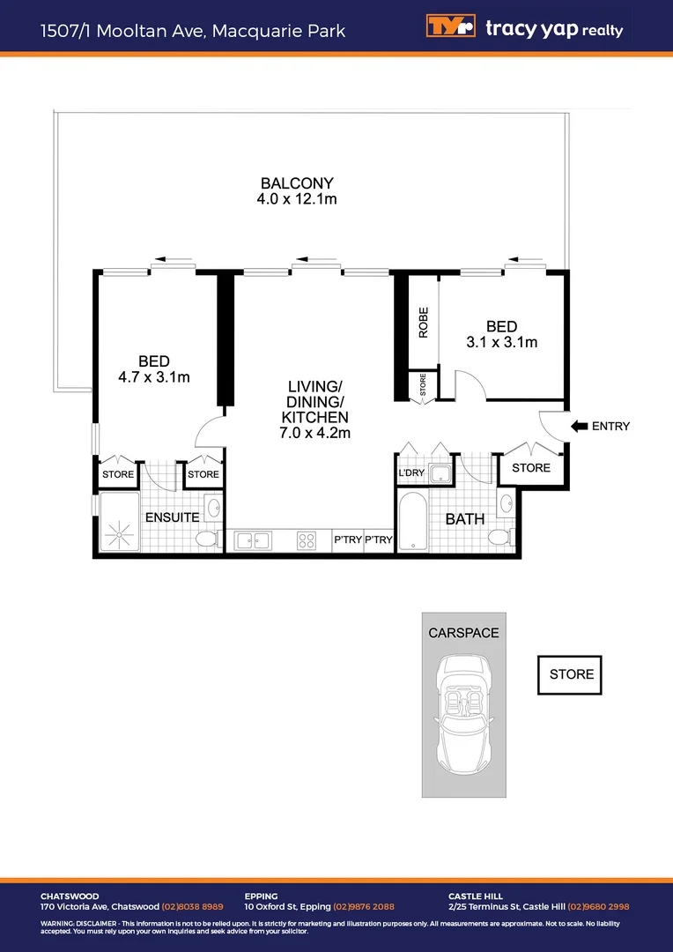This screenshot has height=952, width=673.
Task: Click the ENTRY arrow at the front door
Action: click(x=581, y=427)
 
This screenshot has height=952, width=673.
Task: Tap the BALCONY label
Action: click(x=297, y=183)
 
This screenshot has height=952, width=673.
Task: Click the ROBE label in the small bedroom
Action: click(x=424, y=322)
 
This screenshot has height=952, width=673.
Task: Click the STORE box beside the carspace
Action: click(x=572, y=674)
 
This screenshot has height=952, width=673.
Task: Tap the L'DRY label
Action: click(x=411, y=473)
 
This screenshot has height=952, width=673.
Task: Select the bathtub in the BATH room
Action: click(x=411, y=523)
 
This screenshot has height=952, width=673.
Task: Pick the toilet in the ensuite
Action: click(x=207, y=539)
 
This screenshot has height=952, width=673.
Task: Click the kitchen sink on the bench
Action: click(x=253, y=539)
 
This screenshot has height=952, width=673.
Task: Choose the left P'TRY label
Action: click(x=347, y=540)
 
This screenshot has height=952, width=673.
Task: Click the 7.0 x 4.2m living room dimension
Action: click(x=314, y=433)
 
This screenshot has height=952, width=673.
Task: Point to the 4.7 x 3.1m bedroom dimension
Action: click(x=154, y=376)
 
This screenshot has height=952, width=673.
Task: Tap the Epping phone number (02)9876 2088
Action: click(x=364, y=906)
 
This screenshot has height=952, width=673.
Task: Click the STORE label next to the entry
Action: click(x=530, y=468)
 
